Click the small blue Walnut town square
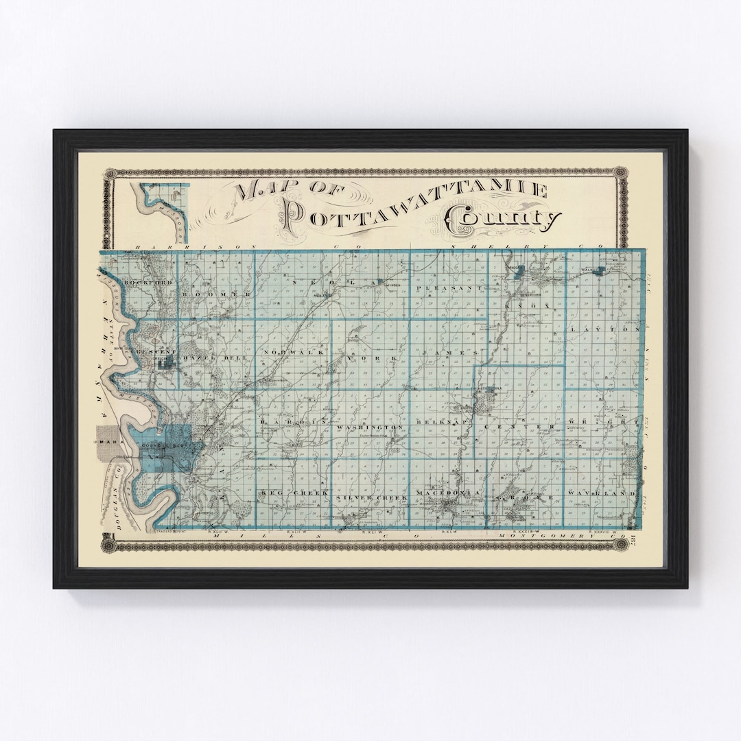600,270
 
